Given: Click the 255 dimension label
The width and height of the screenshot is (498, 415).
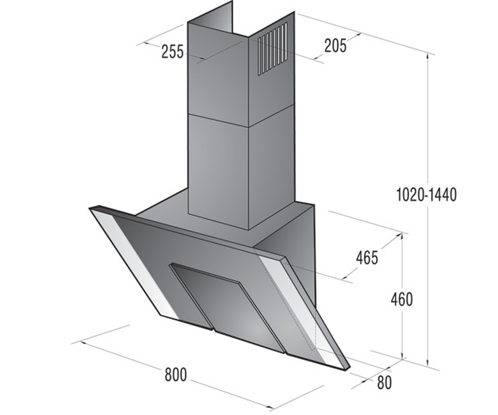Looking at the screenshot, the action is pyautogui.click(x=173, y=52).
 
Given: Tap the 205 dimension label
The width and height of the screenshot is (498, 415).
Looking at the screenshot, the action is pyautogui.click(x=335, y=46).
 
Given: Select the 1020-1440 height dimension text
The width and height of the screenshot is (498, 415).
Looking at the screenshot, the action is pyautogui.click(x=426, y=195).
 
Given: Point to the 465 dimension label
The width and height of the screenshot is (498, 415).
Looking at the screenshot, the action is pyautogui.click(x=367, y=258).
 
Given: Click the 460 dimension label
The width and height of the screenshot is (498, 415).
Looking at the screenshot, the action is pyautogui.click(x=402, y=300).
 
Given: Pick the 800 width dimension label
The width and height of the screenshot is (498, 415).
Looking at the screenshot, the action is pyautogui.click(x=176, y=375).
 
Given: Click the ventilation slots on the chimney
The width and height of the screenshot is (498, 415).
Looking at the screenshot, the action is pyautogui.click(x=272, y=49).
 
